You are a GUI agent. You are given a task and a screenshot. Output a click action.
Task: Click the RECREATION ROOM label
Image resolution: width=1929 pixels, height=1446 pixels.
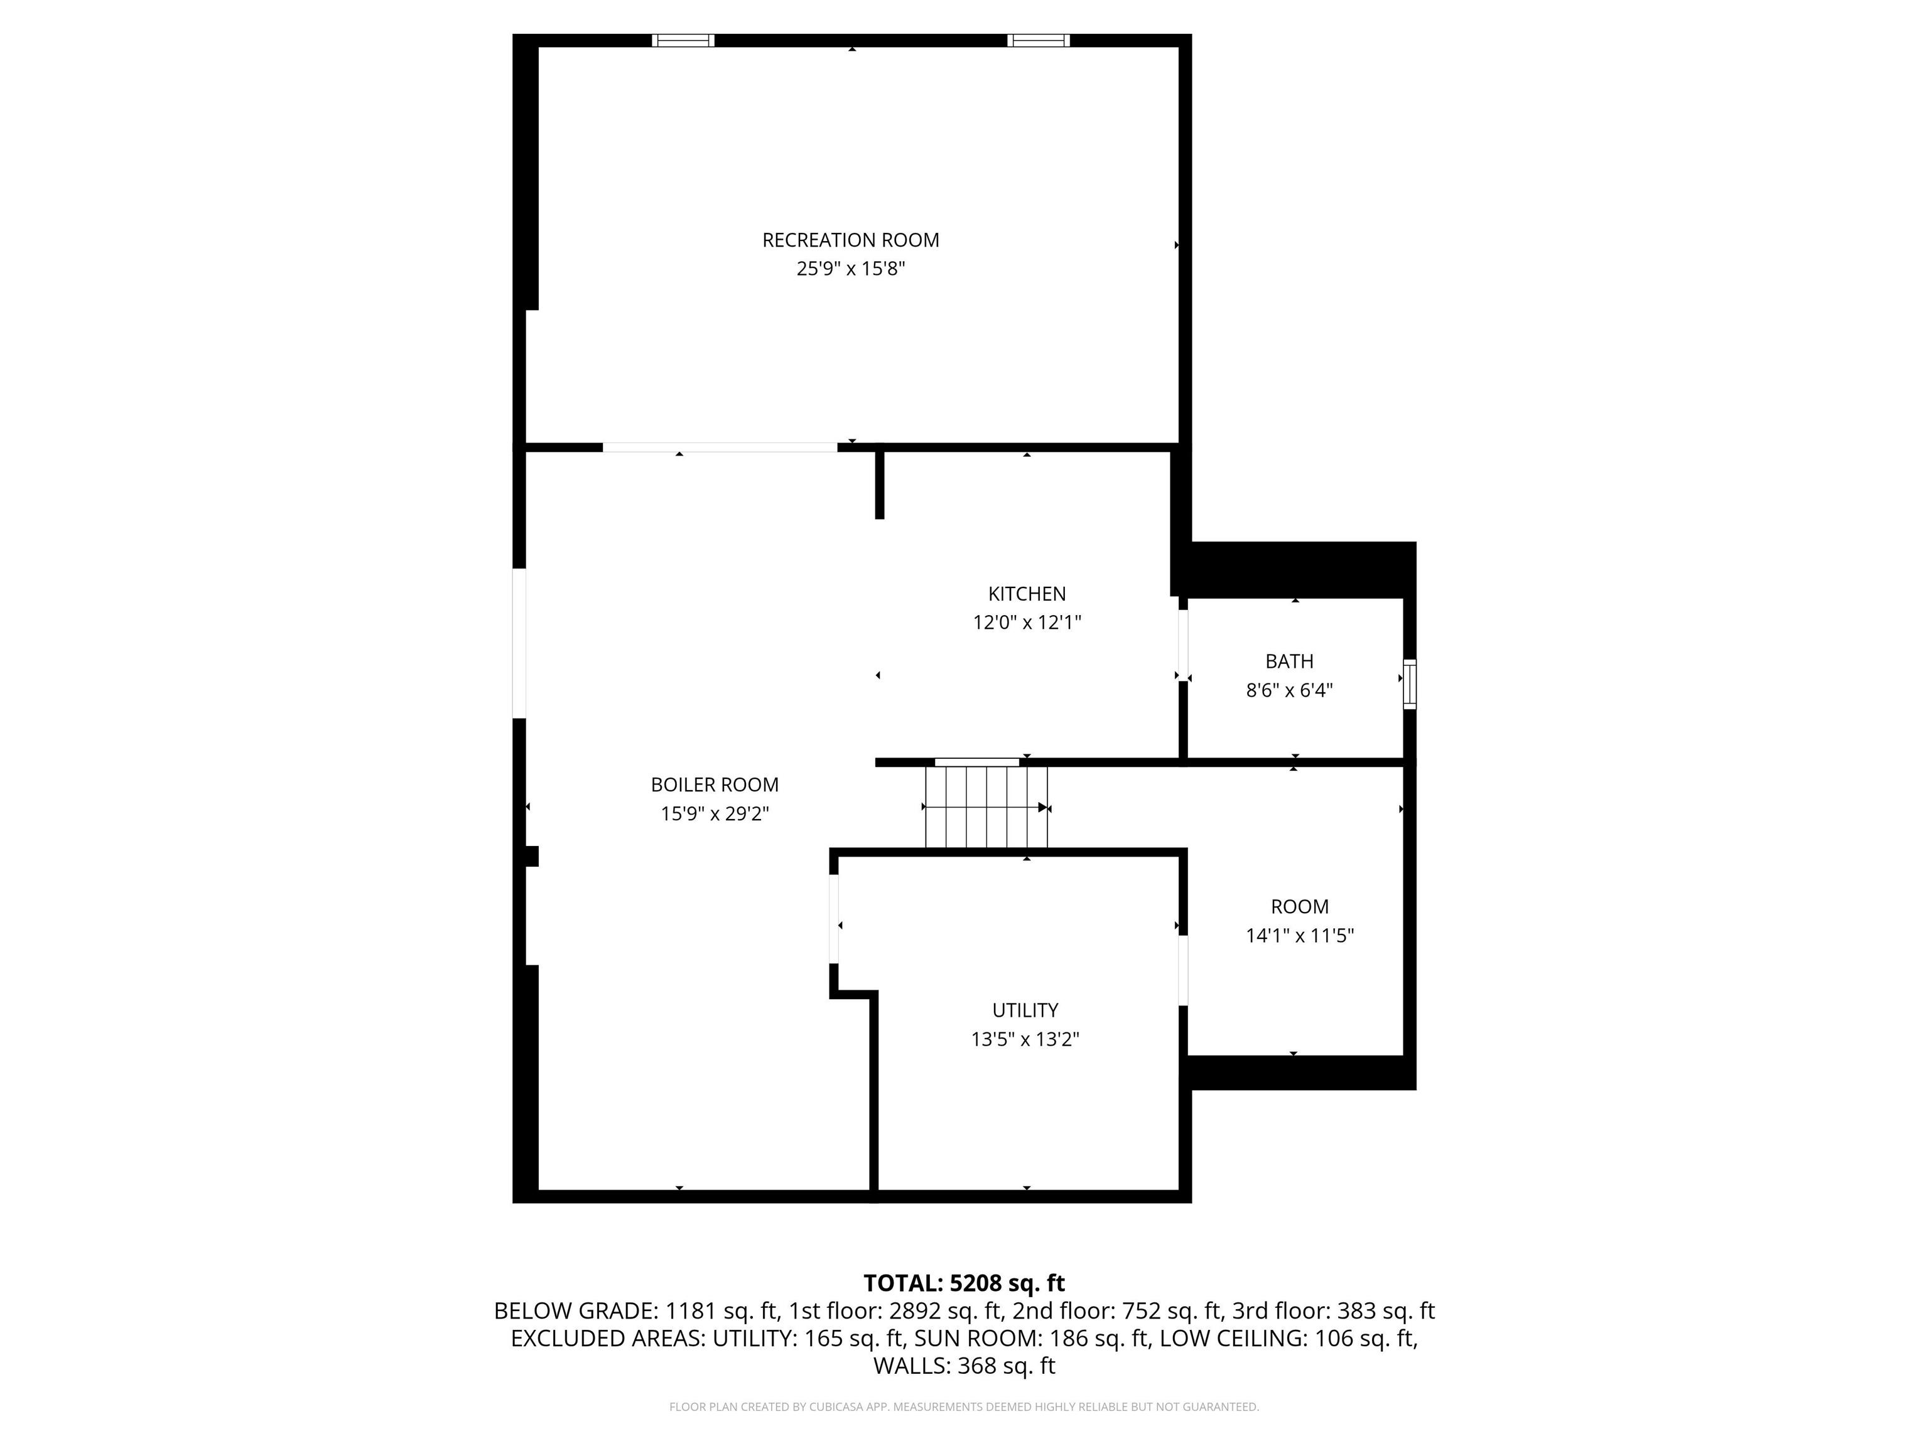850,240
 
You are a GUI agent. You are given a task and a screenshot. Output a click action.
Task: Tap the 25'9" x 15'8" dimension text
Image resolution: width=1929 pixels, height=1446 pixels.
850,269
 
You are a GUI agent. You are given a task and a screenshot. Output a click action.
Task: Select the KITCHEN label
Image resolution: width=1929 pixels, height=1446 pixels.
1027,594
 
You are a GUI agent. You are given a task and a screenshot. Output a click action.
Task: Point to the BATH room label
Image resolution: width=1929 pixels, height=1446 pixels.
1289,661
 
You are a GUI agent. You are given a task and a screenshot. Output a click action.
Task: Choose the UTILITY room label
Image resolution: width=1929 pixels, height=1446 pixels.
1025,1010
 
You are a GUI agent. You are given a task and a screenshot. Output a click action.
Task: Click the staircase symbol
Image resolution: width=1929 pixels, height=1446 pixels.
985,807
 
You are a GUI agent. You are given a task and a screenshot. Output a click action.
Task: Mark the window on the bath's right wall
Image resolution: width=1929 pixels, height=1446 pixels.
1408,684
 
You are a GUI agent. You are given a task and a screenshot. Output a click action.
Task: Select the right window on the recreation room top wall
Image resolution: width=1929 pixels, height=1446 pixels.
1038,40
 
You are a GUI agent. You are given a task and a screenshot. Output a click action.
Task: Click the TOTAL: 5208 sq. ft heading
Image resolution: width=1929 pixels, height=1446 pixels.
964,1283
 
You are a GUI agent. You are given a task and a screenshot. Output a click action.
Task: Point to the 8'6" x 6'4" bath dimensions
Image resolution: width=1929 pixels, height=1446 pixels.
1289,690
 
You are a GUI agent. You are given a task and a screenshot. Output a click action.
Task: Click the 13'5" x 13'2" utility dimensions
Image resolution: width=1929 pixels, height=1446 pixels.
1025,1039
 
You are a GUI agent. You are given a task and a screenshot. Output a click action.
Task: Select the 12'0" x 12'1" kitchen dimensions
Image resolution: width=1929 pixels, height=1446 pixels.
1027,623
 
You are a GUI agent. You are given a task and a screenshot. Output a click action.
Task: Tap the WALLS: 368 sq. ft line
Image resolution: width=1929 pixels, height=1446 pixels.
964,1366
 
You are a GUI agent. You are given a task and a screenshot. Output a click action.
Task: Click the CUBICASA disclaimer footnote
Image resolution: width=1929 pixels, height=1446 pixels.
964,1407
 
